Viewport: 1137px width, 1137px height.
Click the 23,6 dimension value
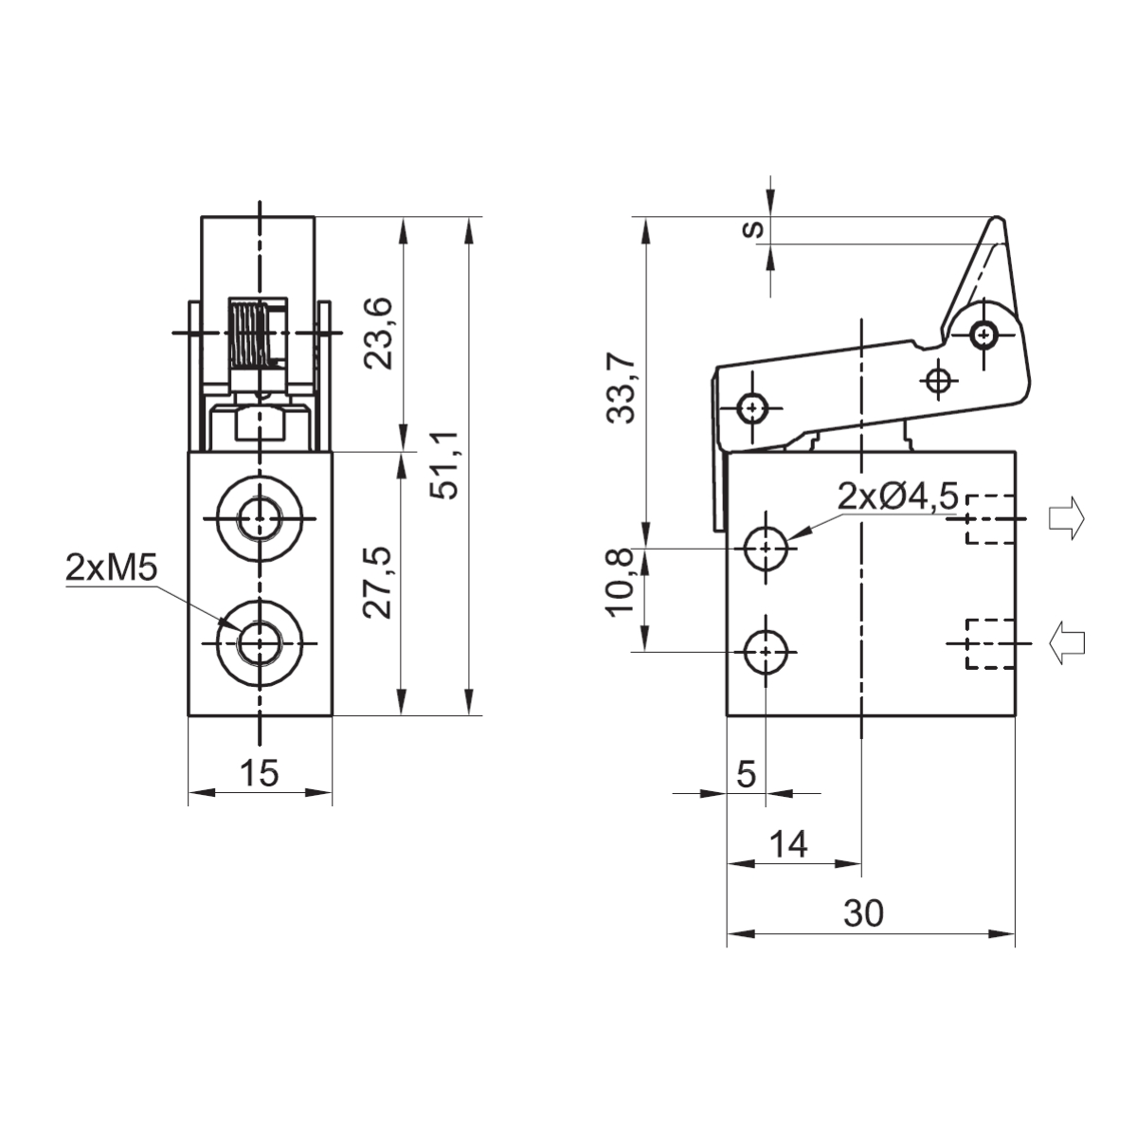(x=378, y=334)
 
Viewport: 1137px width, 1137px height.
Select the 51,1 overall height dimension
(x=444, y=466)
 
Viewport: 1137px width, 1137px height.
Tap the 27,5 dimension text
(x=378, y=583)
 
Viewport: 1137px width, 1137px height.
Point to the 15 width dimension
(x=260, y=772)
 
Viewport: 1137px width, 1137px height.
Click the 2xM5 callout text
(x=112, y=568)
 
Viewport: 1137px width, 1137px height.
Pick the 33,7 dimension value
(x=622, y=388)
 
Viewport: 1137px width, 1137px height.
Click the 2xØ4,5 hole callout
(x=897, y=496)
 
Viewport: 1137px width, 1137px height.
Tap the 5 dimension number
(x=747, y=773)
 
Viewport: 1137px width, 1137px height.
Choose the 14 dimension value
(x=789, y=844)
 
